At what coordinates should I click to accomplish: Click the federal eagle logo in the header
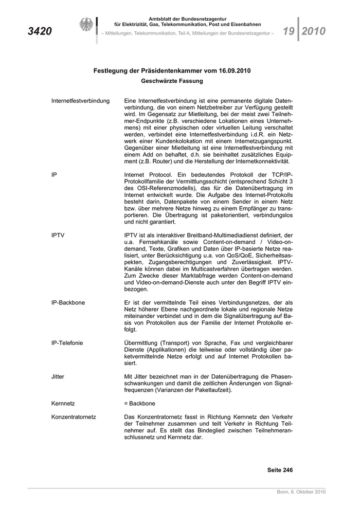coord(86,25)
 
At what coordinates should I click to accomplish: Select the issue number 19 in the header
coord(289,31)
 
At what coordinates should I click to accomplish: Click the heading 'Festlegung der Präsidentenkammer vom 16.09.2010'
coord(172,71)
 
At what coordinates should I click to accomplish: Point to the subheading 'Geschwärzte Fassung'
coord(172,81)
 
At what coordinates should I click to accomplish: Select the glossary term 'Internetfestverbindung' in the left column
coord(80,101)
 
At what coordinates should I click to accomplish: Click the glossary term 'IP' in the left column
coord(54,175)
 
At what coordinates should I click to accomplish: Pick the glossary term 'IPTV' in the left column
coord(58,235)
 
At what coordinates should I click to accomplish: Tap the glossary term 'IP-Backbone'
coord(67,303)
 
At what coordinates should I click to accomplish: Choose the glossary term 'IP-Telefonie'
coord(67,343)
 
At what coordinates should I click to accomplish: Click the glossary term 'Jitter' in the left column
coord(58,376)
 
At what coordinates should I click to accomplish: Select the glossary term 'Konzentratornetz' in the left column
coord(74,416)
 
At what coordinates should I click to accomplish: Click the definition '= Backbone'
coord(139,403)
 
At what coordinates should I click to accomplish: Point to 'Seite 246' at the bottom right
coord(280,470)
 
